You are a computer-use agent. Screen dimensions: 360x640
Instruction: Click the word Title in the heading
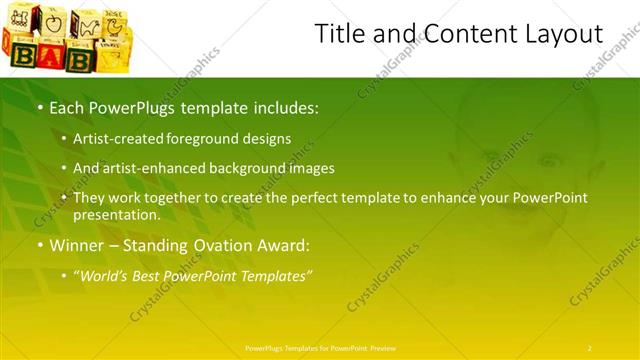(x=338, y=34)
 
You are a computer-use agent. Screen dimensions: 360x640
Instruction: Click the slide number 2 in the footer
(x=589, y=347)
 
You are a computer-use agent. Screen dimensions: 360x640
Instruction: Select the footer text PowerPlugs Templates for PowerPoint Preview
(x=319, y=347)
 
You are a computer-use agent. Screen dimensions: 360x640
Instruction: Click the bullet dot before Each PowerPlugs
(x=39, y=106)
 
